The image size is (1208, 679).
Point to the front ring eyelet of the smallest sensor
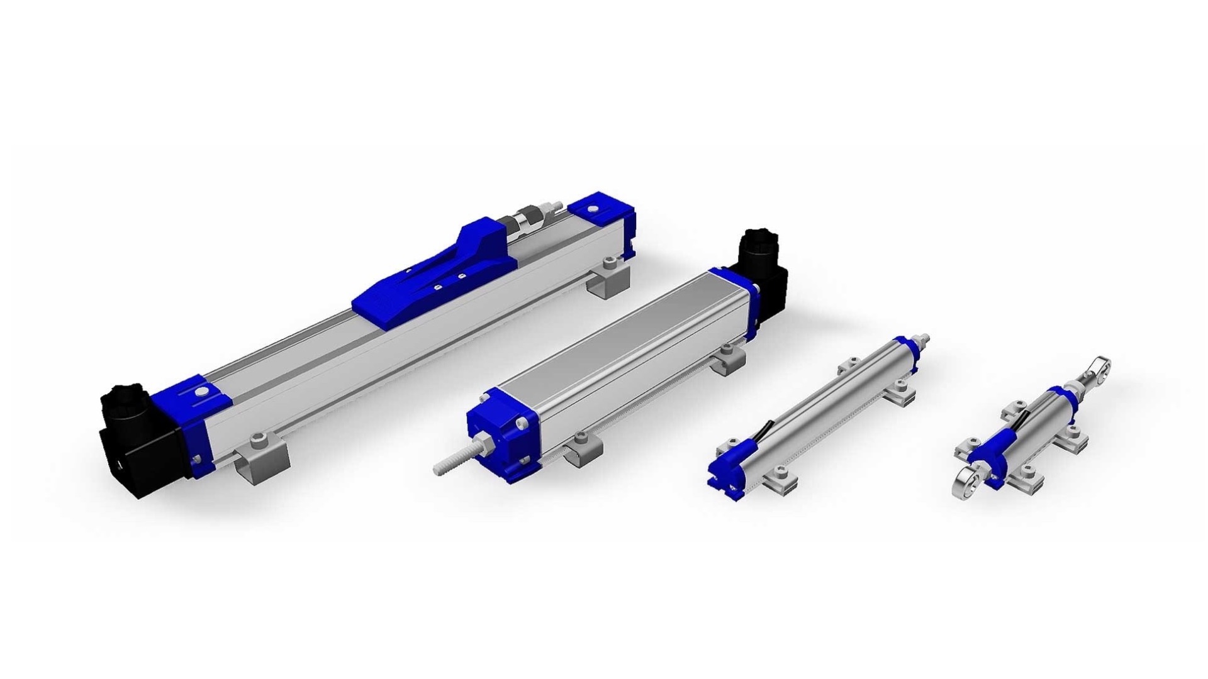972,487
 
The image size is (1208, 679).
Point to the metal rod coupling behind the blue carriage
528,220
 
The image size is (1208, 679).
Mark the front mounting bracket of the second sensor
582,448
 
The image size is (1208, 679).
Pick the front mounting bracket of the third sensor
780,478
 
